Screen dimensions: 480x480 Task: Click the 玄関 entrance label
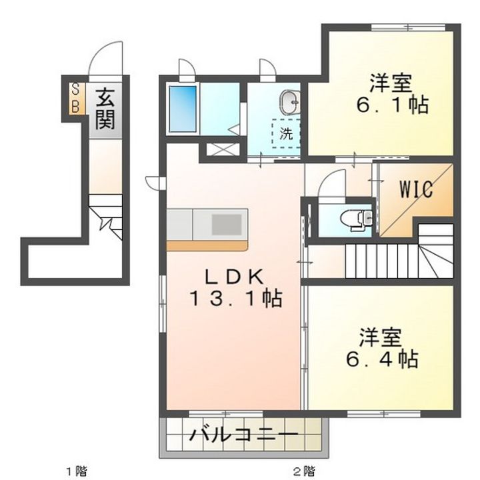pyautogui.click(x=105, y=109)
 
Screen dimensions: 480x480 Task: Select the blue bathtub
pyautogui.click(x=183, y=109)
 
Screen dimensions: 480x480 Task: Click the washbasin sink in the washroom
pyautogui.click(x=289, y=102)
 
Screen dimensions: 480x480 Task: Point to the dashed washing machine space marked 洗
pyautogui.click(x=286, y=133)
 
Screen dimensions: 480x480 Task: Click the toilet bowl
pyautogui.click(x=356, y=218)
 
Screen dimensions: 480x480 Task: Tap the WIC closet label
pyautogui.click(x=416, y=189)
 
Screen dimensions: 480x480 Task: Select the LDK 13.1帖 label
pyautogui.click(x=236, y=288)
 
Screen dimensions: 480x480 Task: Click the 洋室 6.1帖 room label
pyautogui.click(x=392, y=94)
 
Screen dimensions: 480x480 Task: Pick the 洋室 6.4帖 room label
pyautogui.click(x=382, y=348)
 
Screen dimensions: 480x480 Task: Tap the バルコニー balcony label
pyautogui.click(x=244, y=435)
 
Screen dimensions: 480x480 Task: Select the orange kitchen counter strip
pyautogui.click(x=207, y=246)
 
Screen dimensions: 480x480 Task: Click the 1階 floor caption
pyautogui.click(x=77, y=470)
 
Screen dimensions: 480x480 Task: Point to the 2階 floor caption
pyautogui.click(x=305, y=470)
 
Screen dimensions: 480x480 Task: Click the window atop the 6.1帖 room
pyautogui.click(x=409, y=27)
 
